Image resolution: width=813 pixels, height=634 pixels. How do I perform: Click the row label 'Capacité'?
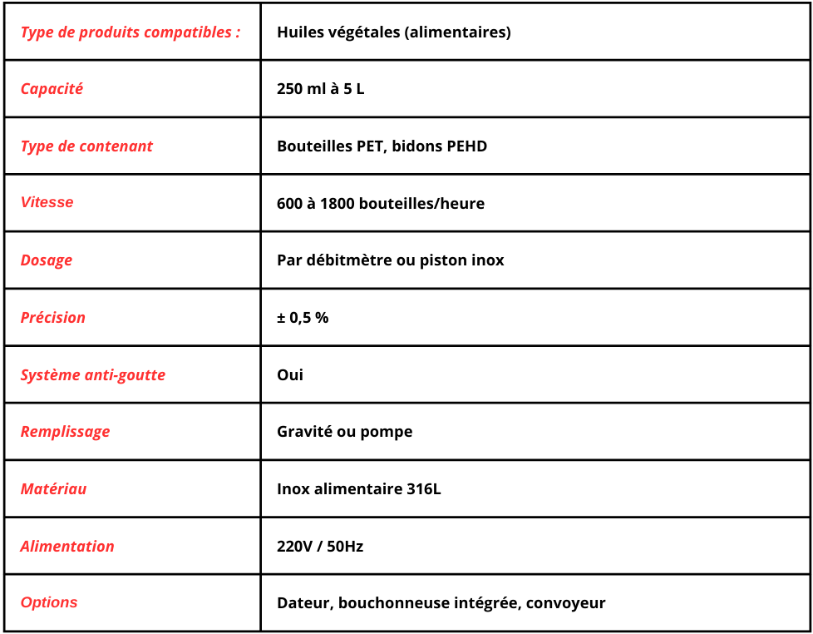52,89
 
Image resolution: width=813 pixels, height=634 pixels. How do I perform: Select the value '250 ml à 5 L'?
320,89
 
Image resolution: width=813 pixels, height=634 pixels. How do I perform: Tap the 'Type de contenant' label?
86,146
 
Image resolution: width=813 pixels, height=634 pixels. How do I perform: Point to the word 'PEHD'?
466,146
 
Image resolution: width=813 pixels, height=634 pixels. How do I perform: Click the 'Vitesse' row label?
47,202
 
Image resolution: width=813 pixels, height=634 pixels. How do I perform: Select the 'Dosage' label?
47,260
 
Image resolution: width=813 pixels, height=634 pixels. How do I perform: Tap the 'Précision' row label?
53,318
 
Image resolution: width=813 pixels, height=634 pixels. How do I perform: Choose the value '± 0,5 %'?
303,318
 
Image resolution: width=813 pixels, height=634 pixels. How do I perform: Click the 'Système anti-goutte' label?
93,375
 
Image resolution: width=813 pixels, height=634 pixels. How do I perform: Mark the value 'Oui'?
290,375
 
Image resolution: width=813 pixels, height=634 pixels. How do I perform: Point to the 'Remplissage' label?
65,432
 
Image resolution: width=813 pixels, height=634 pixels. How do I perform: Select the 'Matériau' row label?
53,489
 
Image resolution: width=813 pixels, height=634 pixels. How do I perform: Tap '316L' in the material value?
423,489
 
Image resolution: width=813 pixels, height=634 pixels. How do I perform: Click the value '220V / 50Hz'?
320,547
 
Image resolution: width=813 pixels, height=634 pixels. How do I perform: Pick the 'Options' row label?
49,602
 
